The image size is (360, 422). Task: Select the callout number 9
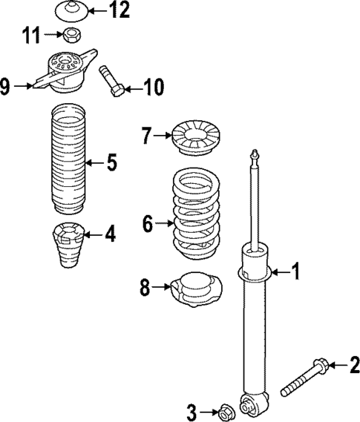[6, 86]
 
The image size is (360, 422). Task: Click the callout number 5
[111, 162]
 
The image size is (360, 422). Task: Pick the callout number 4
[110, 235]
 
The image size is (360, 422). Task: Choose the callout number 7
[147, 135]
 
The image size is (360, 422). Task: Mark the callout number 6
[147, 221]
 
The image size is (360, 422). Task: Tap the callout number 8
[145, 286]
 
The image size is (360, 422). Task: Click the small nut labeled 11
[73, 34]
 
